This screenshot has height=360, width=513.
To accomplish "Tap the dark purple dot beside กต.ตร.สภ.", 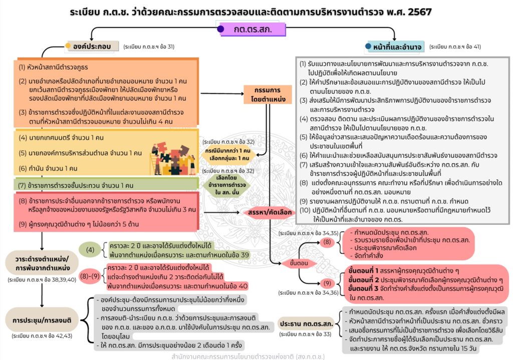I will (x=220, y=29).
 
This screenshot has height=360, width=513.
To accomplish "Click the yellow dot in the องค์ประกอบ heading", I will (x=69, y=47).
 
